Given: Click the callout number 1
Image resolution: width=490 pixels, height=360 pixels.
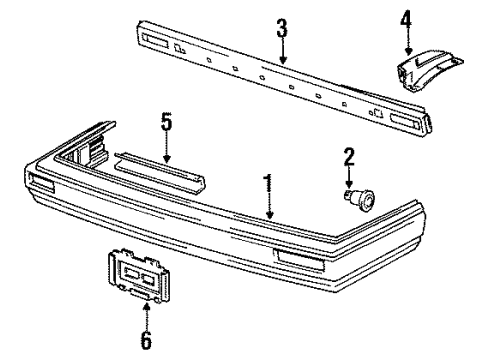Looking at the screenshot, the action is click(268, 185).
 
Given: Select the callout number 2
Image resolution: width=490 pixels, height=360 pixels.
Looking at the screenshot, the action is click(349, 157).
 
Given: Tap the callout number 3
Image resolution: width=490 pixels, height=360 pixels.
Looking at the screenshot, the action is click(282, 28).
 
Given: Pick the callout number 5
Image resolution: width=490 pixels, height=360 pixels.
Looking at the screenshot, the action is click(166, 122).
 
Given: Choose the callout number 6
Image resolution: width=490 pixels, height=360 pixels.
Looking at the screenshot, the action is click(146, 340).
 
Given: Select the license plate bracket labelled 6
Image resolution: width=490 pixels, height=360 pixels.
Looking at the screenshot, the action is click(138, 275).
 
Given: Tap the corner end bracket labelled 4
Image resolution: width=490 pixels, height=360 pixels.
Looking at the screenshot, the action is click(429, 71).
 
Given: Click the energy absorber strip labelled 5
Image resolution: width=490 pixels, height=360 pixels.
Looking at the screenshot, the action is click(160, 173).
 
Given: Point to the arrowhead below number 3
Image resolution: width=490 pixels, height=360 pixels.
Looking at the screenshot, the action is click(283, 60).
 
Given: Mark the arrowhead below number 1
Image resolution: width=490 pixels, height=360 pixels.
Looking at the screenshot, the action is click(269, 215).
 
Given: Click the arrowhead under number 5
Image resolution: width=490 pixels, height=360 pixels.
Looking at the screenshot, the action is click(167, 159).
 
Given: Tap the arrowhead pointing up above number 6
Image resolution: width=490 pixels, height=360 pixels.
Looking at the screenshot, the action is click(146, 306).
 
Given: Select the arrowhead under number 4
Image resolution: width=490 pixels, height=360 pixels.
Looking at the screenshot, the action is click(408, 51).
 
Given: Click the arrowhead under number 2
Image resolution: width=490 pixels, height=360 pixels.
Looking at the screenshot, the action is click(349, 184).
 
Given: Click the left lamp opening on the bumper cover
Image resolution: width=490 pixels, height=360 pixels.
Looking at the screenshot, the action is click(43, 183).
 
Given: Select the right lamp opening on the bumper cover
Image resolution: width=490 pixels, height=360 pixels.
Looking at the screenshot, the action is click(299, 260).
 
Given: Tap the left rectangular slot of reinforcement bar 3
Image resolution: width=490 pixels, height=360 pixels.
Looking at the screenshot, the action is click(155, 41).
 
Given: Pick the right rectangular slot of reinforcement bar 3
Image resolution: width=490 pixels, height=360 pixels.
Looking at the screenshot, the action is click(405, 121).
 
